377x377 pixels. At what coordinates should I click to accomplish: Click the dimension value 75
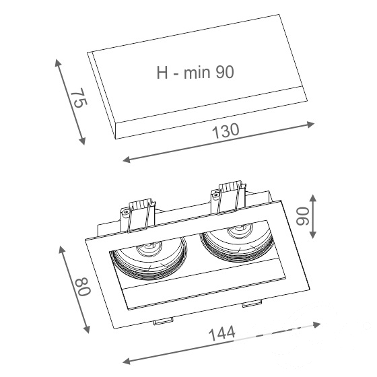(x=80, y=98)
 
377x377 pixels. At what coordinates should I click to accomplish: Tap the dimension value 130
(x=226, y=131)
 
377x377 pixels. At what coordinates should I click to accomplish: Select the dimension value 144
(x=222, y=333)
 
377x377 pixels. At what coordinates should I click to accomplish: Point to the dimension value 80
(x=83, y=287)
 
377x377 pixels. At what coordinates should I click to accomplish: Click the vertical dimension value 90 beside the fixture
(x=303, y=216)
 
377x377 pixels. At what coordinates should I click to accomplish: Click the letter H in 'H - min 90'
(x=162, y=73)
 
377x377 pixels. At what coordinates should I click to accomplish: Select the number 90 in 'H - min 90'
(x=225, y=73)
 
